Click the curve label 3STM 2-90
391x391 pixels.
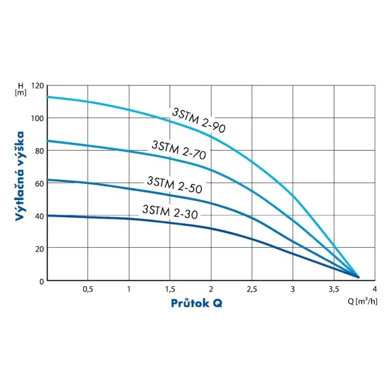198,120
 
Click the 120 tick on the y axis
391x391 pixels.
38,86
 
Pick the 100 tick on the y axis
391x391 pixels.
38,118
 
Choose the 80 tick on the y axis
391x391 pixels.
39,151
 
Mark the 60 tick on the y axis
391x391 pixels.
39,183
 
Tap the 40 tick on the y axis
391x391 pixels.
39,216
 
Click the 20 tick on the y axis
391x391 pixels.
39,248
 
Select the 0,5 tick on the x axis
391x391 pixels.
87,289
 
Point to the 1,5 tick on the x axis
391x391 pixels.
170,289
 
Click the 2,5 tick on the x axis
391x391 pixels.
252,289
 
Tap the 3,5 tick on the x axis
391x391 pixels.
333,289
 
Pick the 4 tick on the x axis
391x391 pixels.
374,289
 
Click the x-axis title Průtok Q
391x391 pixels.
196,303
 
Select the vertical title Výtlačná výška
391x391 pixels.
20,176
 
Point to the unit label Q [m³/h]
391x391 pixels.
363,301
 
